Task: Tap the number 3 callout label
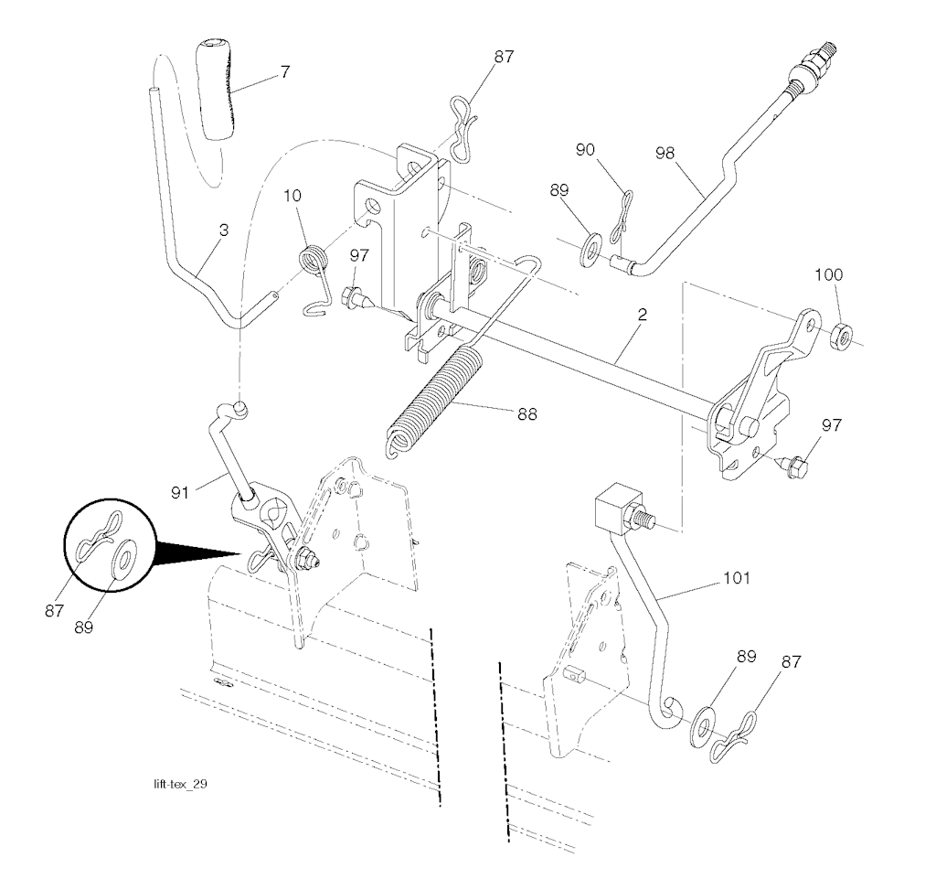coord(223,230)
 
